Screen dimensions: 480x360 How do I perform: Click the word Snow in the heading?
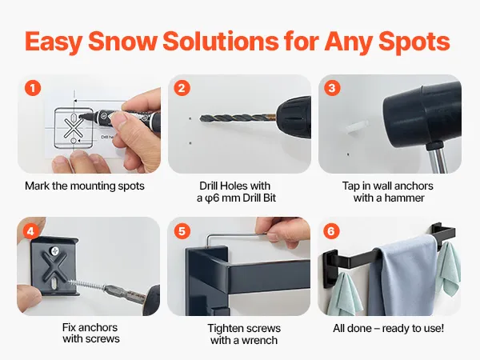click(x=122, y=41)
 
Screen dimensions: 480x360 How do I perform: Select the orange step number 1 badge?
click(x=33, y=88)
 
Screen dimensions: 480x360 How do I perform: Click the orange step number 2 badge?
click(x=182, y=88)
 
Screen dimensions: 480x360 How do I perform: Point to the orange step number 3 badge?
click(x=332, y=88)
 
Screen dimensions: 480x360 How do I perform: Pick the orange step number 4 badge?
click(x=30, y=231)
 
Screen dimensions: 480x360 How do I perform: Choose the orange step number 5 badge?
click(x=182, y=231)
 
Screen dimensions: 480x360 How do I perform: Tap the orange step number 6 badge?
click(x=331, y=231)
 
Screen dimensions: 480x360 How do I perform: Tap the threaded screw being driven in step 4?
click(x=86, y=283)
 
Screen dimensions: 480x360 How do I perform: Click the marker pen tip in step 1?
click(x=82, y=116)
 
